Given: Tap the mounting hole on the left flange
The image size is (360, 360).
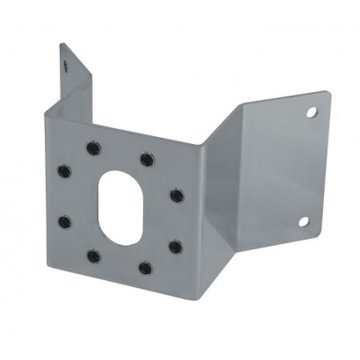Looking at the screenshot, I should pyautogui.click(x=65, y=63).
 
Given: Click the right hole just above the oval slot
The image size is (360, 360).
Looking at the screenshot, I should pyautogui.click(x=146, y=159).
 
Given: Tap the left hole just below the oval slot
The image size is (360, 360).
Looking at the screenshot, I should pyautogui.click(x=92, y=257).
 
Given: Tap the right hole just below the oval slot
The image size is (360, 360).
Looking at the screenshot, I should pyautogui.click(x=145, y=268).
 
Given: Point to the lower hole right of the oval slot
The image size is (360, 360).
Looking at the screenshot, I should pyautogui.click(x=175, y=246).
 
